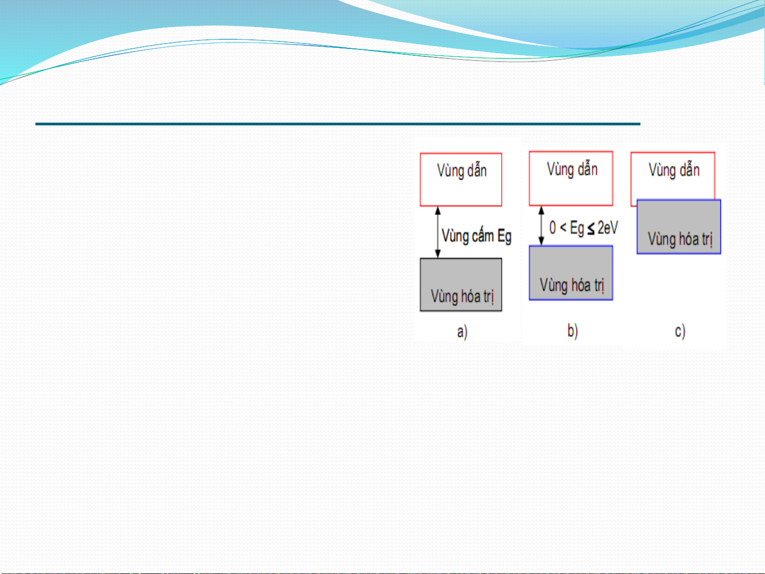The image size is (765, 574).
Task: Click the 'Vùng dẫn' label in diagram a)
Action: (462, 170)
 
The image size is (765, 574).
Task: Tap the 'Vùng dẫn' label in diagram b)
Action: (572, 169)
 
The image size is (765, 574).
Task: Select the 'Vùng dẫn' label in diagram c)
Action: (674, 170)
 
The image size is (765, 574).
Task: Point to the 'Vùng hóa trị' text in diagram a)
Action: (462, 296)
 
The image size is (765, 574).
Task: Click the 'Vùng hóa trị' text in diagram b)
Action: (572, 285)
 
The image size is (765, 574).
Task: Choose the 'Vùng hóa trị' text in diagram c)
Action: (680, 239)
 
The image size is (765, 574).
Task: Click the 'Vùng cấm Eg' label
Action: (476, 236)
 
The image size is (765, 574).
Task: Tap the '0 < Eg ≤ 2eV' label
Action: (583, 228)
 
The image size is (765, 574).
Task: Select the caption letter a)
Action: (462, 331)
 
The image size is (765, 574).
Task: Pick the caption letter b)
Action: (573, 330)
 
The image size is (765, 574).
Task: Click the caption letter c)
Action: (680, 331)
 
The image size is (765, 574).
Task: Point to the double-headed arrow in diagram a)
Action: (438, 232)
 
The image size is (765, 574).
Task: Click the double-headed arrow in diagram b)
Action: (541, 226)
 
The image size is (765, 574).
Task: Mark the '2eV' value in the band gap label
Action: (608, 228)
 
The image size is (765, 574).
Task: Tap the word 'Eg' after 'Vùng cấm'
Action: (504, 237)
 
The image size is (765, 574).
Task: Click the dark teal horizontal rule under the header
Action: (338, 124)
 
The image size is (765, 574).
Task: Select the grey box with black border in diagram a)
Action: (461, 285)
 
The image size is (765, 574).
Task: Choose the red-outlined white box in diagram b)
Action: (571, 178)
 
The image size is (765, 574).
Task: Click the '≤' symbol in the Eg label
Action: (591, 229)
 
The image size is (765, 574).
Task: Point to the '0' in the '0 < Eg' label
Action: (553, 228)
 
